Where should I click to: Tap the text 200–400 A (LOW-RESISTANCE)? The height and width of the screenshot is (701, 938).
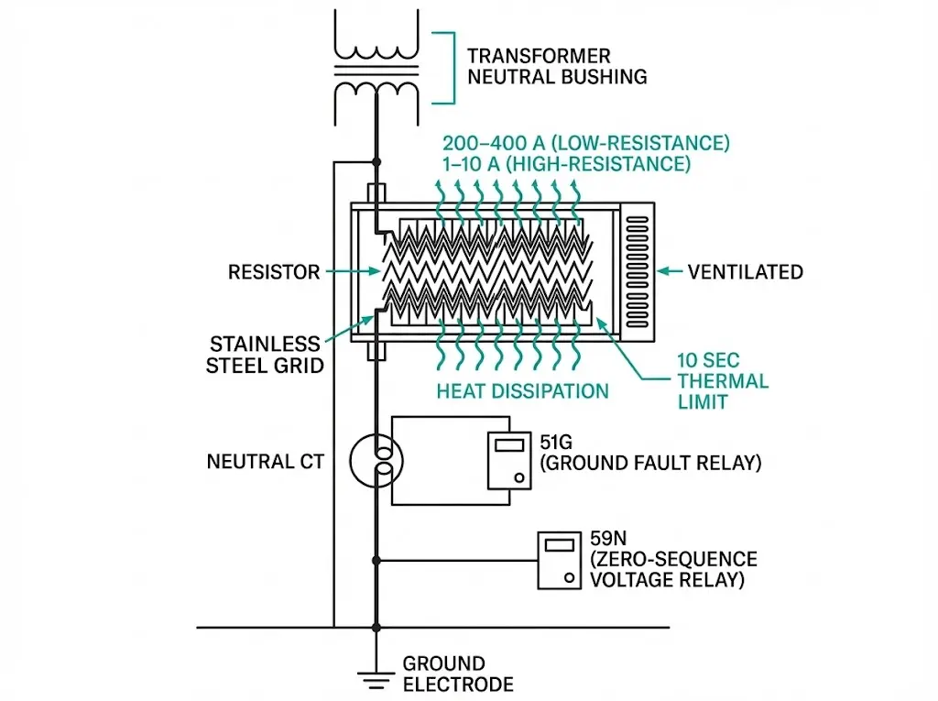pos(586,144)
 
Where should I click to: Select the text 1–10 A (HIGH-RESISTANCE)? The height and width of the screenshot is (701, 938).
pos(566,165)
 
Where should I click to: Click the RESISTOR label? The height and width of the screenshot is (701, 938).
pos(274,272)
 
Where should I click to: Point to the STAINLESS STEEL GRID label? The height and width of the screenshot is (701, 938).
pos(265,355)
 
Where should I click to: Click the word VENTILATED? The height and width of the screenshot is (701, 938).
pos(745,272)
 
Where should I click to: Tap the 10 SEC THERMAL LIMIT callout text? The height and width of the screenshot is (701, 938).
pos(722,380)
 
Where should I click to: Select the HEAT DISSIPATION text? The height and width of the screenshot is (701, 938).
pos(522,391)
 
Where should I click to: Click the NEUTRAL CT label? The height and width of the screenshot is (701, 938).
pos(265,461)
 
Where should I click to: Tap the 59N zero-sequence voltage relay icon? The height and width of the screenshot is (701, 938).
pos(559,561)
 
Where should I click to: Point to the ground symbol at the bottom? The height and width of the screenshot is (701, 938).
pos(376,679)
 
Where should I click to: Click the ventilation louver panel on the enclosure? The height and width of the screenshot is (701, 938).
pos(636,272)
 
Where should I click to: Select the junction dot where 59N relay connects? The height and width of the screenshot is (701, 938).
pos(376,560)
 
